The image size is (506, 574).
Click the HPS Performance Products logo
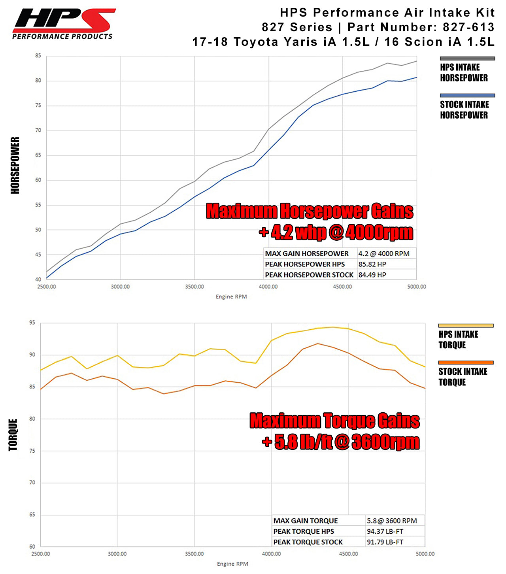click(x=63, y=24)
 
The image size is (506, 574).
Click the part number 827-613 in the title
click(x=468, y=27)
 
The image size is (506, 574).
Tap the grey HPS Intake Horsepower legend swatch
click(x=467, y=59)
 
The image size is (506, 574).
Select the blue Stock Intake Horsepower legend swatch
click(x=467, y=96)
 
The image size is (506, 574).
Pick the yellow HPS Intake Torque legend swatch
click(x=466, y=326)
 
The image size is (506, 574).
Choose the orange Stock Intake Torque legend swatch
click(x=466, y=363)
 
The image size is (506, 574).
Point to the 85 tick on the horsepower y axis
click(x=38, y=56)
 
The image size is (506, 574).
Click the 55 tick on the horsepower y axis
click(x=38, y=205)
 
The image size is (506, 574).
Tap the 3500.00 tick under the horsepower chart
click(x=194, y=287)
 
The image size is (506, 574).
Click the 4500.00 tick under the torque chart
click(x=348, y=554)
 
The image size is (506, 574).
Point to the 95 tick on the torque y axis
click(x=32, y=323)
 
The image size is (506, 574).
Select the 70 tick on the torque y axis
click(x=32, y=483)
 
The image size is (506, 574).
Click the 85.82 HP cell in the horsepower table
click(x=372, y=264)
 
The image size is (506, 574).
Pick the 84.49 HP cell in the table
click(x=372, y=275)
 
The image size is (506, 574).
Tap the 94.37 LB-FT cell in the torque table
click(x=385, y=531)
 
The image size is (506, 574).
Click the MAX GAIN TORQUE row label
click(x=306, y=521)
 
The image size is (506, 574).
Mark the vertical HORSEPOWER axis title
click(x=15, y=165)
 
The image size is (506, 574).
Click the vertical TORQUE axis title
click(x=13, y=435)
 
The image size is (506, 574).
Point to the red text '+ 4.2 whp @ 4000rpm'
click(x=336, y=232)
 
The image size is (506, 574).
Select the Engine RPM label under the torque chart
click(x=232, y=564)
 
